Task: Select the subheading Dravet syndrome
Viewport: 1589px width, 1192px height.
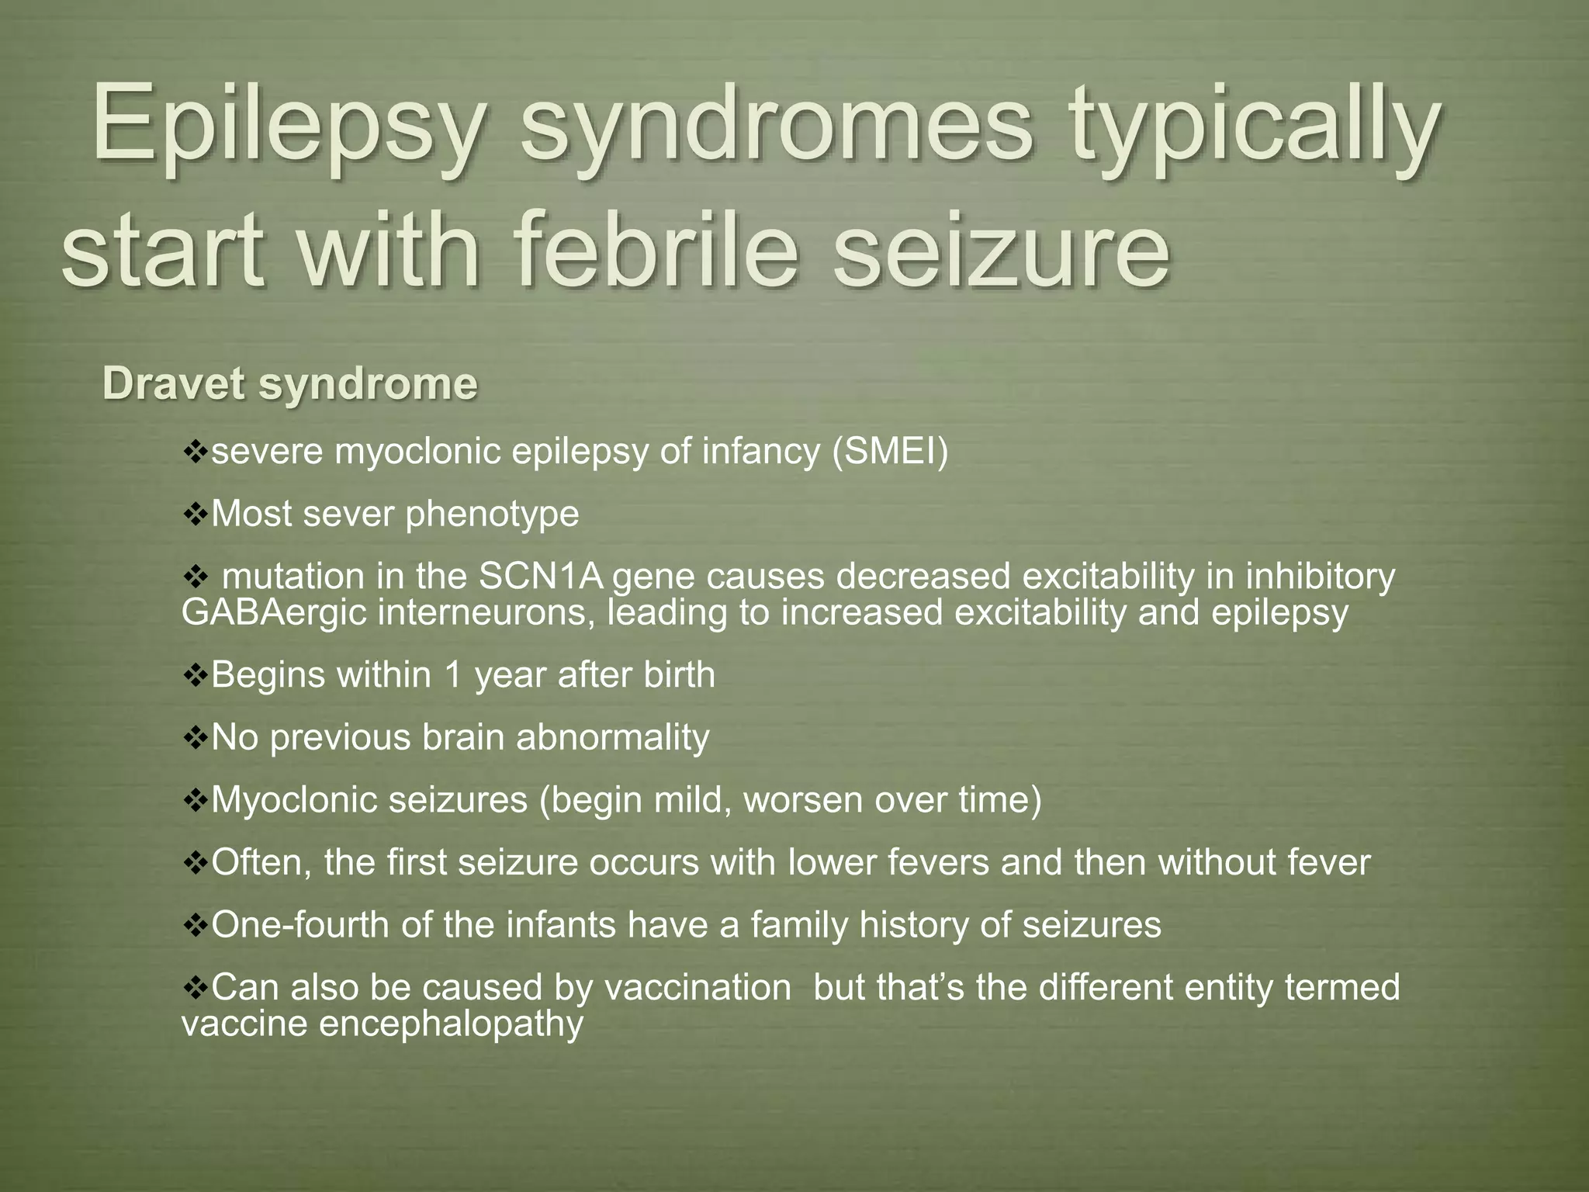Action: [289, 384]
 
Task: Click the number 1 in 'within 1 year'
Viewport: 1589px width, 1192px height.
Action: [452, 674]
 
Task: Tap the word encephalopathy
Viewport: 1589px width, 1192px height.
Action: [451, 1024]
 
